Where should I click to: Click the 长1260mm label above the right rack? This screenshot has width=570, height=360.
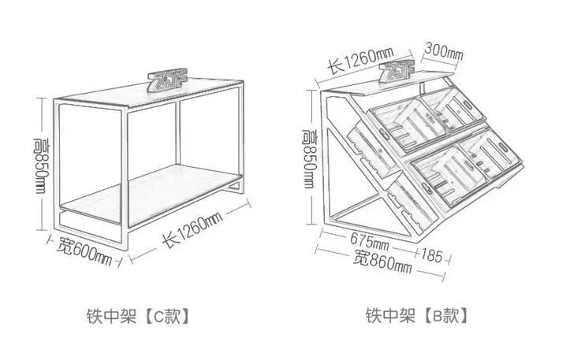point(360,59)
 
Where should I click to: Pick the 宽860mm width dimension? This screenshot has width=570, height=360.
point(382,260)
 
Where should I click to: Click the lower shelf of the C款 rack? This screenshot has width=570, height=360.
point(150,193)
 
